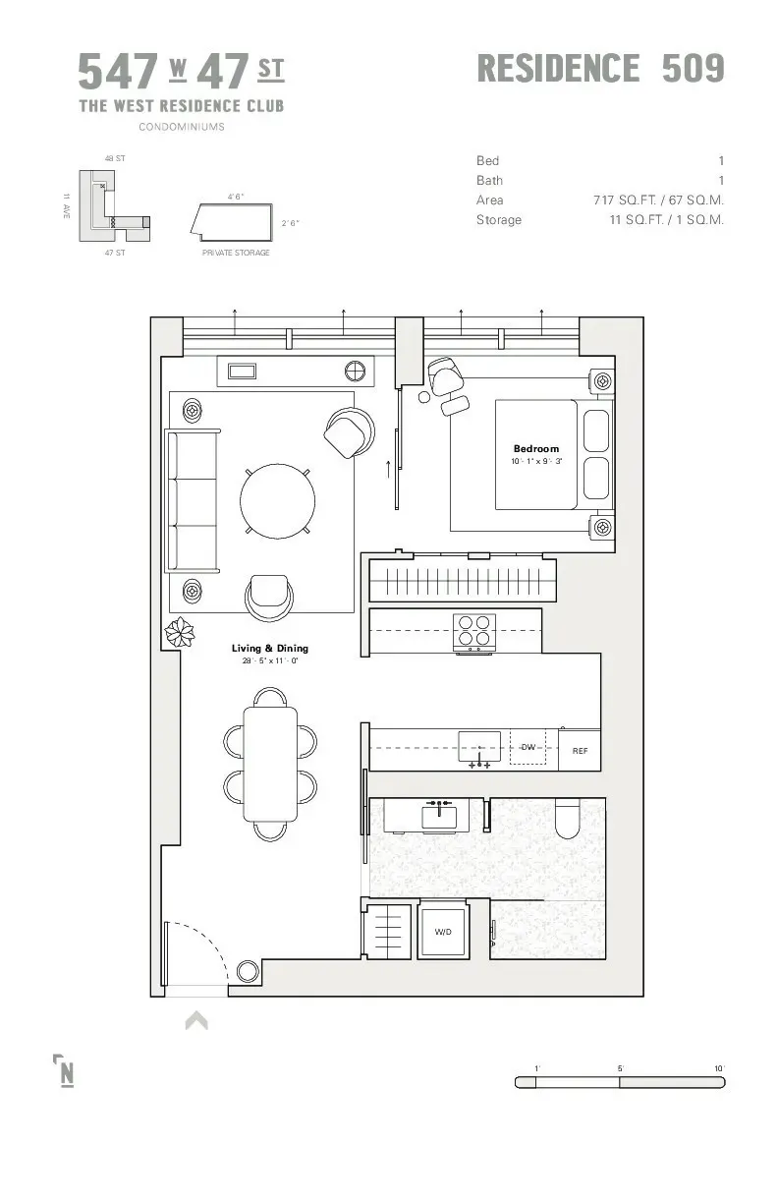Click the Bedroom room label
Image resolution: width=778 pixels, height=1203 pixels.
point(535,449)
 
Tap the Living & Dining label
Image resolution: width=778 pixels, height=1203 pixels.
point(269,649)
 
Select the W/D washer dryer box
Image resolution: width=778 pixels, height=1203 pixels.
point(443,931)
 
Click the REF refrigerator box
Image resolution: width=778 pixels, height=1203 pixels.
point(580,751)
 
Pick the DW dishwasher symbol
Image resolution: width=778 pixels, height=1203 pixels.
point(528,748)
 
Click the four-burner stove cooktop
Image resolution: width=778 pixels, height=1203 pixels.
point(473,631)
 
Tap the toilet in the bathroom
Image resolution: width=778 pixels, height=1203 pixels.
point(568,819)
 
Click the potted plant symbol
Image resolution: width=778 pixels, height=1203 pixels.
point(180,632)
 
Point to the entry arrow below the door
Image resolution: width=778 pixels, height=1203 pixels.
point(196,1021)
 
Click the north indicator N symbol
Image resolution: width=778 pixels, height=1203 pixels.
point(65,1071)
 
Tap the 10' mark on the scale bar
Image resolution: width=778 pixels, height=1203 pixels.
point(719,1068)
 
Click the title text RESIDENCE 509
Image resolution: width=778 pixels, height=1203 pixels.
point(600,69)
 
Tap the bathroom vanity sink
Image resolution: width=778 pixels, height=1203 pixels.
point(438,816)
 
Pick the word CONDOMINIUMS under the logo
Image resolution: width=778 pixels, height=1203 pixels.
point(181,127)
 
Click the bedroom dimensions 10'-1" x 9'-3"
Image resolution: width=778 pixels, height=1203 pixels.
point(535,461)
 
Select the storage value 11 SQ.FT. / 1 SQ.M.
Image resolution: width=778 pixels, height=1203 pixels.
point(666,220)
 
